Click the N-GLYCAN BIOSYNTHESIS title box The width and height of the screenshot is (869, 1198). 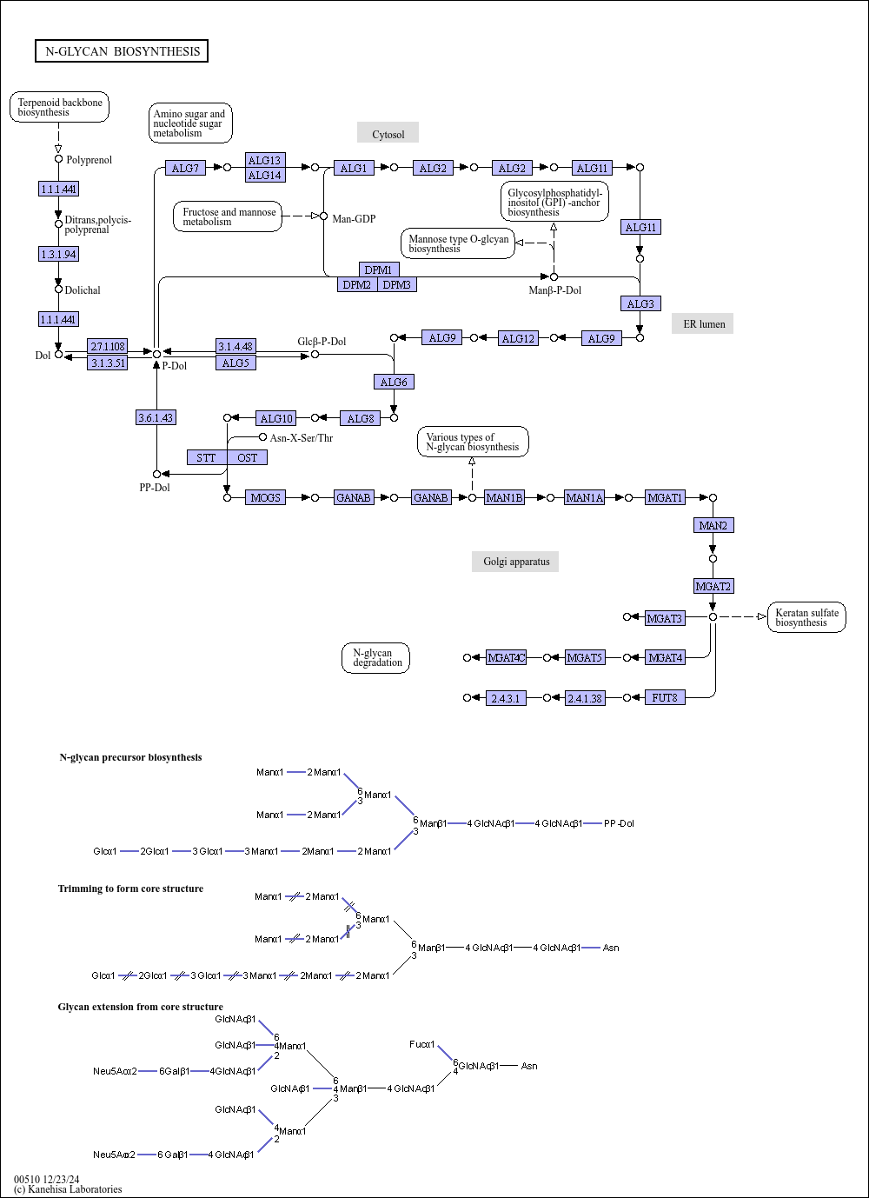pos(122,51)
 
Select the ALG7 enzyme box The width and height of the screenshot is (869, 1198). pos(185,168)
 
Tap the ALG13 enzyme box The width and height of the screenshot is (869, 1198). pos(264,160)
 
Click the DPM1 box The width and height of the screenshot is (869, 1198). pos(378,270)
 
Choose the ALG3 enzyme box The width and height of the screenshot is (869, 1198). pos(640,303)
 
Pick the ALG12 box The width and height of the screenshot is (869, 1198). pos(518,338)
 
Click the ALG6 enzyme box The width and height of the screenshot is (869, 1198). pos(394,382)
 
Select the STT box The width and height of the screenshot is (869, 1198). pos(206,457)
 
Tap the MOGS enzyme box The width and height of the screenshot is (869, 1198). pos(265,497)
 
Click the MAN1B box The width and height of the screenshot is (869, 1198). pos(504,497)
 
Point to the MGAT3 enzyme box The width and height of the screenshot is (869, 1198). pos(664,618)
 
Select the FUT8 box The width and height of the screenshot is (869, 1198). pos(665,697)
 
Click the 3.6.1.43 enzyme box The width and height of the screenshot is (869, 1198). pos(156,417)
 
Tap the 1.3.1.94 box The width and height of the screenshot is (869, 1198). pos(58,254)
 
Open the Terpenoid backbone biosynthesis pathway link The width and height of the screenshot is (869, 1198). pos(60,107)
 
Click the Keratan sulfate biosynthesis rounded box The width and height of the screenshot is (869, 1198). pos(806,617)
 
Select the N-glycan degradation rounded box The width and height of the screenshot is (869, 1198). pos(376,657)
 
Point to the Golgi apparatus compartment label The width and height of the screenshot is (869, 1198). pos(516,562)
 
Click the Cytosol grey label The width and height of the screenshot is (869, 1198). pos(388,134)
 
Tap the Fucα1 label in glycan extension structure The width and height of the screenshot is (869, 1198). pos(422,1044)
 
